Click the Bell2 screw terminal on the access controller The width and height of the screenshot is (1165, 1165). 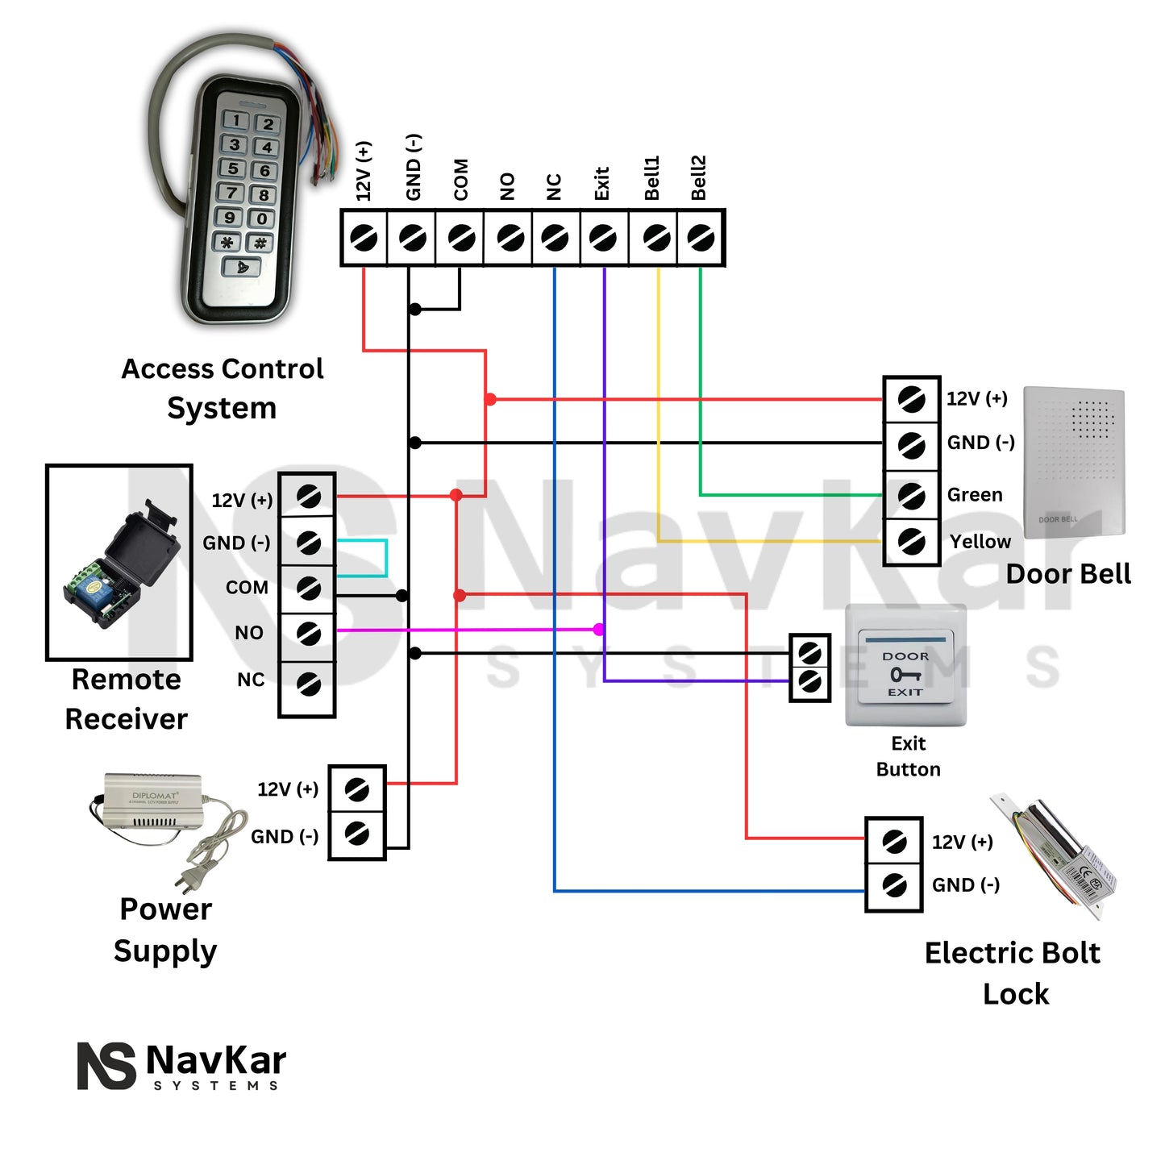701,238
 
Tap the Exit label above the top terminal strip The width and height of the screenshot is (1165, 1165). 601,184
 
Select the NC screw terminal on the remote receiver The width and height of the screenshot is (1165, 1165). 308,684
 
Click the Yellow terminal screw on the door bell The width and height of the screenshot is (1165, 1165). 911,540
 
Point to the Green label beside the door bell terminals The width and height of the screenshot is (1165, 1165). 975,495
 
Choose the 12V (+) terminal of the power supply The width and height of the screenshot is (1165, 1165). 356,789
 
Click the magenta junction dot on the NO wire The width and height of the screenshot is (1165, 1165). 599,630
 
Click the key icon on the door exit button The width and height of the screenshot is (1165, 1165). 905,674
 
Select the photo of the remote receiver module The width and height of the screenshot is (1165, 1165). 119,562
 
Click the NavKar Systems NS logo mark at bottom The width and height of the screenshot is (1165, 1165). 106,1065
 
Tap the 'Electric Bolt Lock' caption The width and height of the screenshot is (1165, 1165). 1013,973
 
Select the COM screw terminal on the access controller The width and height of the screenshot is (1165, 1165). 460,238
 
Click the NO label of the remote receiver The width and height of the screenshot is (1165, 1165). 248,633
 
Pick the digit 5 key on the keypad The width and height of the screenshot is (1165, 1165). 233,169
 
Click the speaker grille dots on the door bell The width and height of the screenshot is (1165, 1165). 1092,420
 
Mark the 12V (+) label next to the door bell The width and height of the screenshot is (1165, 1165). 976,398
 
